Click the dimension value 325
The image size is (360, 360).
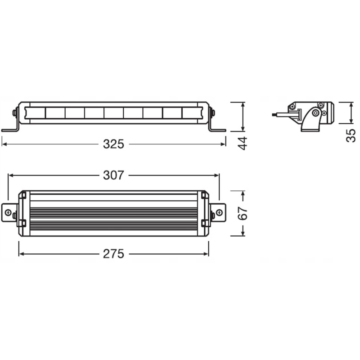(x=113, y=144)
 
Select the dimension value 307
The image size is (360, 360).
(x=113, y=175)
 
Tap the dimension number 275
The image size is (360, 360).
(x=113, y=254)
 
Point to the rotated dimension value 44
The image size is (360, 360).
(x=243, y=143)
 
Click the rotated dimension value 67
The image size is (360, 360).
(x=243, y=213)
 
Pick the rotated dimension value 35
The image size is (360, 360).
(x=351, y=136)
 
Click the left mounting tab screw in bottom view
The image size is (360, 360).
(x=8, y=212)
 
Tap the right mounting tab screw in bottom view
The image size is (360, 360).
(x=219, y=212)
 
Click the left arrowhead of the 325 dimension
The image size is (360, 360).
(x=4, y=144)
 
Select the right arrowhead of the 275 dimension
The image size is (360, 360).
(x=206, y=254)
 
